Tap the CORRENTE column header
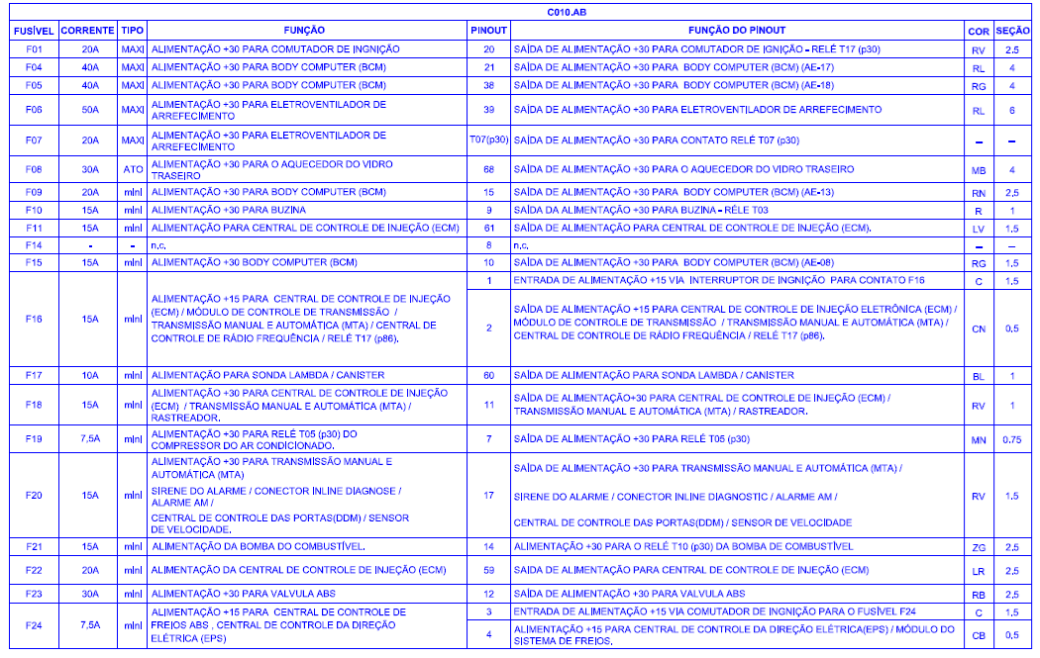pos(87,31)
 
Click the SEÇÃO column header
pos(1011,31)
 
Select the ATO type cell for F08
pos(132,169)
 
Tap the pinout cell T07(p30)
pos(488,140)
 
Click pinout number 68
pos(488,169)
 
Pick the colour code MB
pos(978,170)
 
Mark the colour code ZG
pos(978,547)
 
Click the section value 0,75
pos(1011,439)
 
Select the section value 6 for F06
pos(1011,110)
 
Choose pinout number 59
pos(488,570)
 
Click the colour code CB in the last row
pos(978,635)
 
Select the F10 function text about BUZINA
pos(227,211)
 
